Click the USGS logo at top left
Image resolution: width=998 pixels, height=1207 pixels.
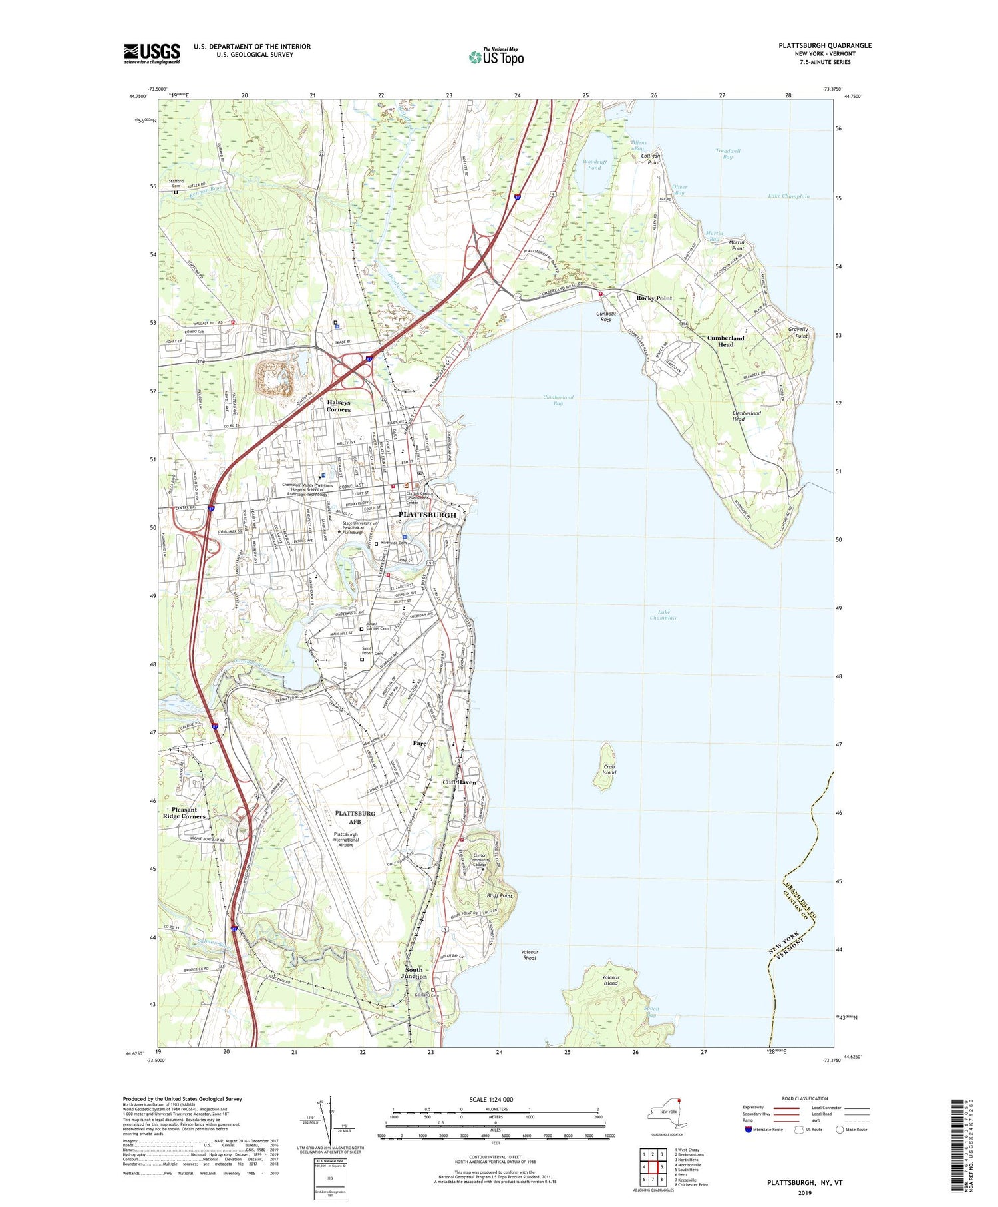click(152, 53)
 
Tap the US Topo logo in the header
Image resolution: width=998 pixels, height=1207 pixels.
click(496, 57)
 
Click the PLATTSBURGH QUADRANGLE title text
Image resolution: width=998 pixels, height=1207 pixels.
click(824, 45)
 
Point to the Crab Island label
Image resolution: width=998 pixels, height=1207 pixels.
click(609, 770)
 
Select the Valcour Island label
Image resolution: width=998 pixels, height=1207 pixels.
click(610, 980)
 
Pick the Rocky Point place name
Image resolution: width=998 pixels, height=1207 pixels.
click(654, 298)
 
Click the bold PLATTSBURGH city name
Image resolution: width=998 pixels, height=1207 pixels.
click(427, 515)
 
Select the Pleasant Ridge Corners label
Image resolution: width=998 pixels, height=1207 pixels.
click(184, 813)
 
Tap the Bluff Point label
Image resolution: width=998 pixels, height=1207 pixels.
click(500, 896)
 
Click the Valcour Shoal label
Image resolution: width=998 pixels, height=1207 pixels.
click(530, 955)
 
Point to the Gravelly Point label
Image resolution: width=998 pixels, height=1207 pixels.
click(798, 332)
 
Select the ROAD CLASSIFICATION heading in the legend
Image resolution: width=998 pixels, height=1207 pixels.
click(805, 1098)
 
